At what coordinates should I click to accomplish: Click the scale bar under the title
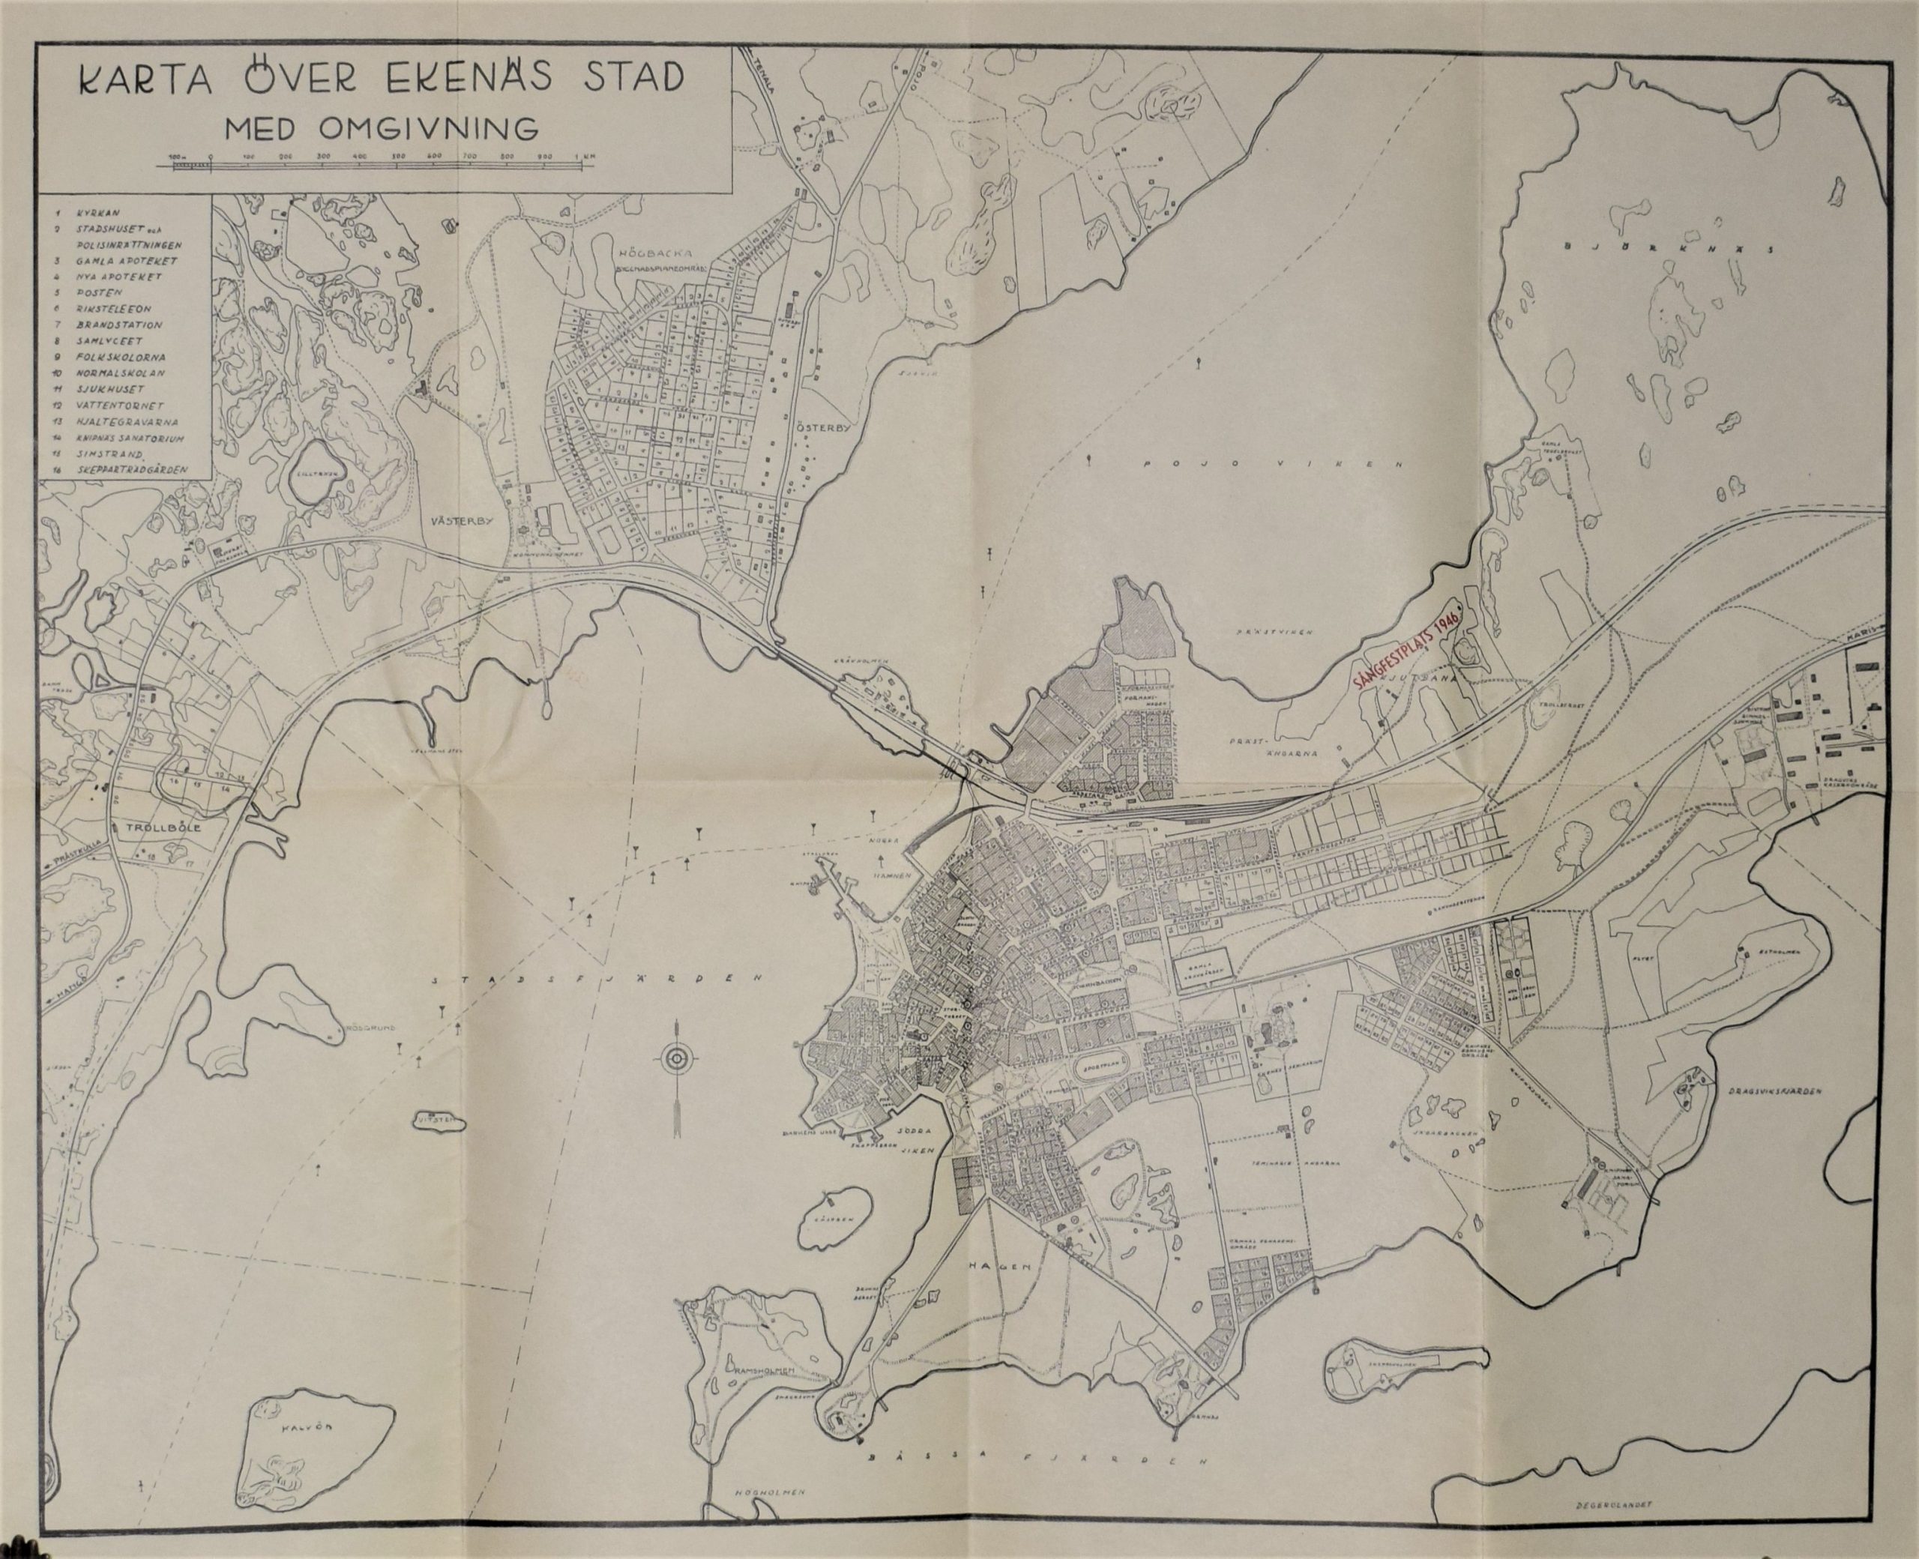coord(377,163)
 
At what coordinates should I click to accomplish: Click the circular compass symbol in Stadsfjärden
coord(675,1060)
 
